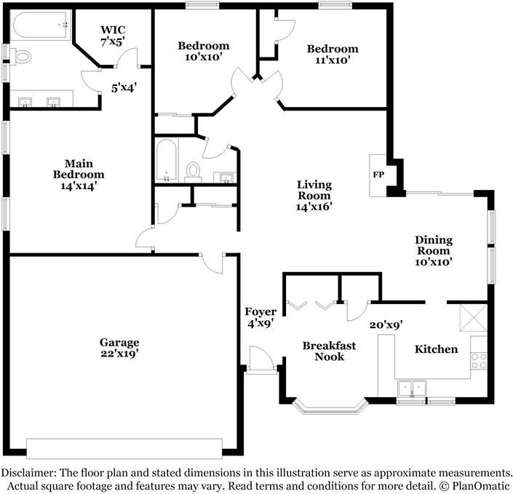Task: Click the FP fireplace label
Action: pos(378,175)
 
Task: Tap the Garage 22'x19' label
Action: pos(120,348)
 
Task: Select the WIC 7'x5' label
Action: pos(112,36)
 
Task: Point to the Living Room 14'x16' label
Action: pos(314,195)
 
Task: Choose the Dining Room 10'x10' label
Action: pos(434,250)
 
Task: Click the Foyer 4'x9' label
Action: pos(260,318)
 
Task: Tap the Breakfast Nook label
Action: pos(329,351)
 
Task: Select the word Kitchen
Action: pos(436,349)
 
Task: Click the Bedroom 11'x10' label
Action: pos(332,55)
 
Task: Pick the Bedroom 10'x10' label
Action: pos(204,51)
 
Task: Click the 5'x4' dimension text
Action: pos(124,88)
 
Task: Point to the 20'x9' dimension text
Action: pos(386,325)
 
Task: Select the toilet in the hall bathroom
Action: pos(194,170)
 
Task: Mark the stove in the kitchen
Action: pos(479,357)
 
